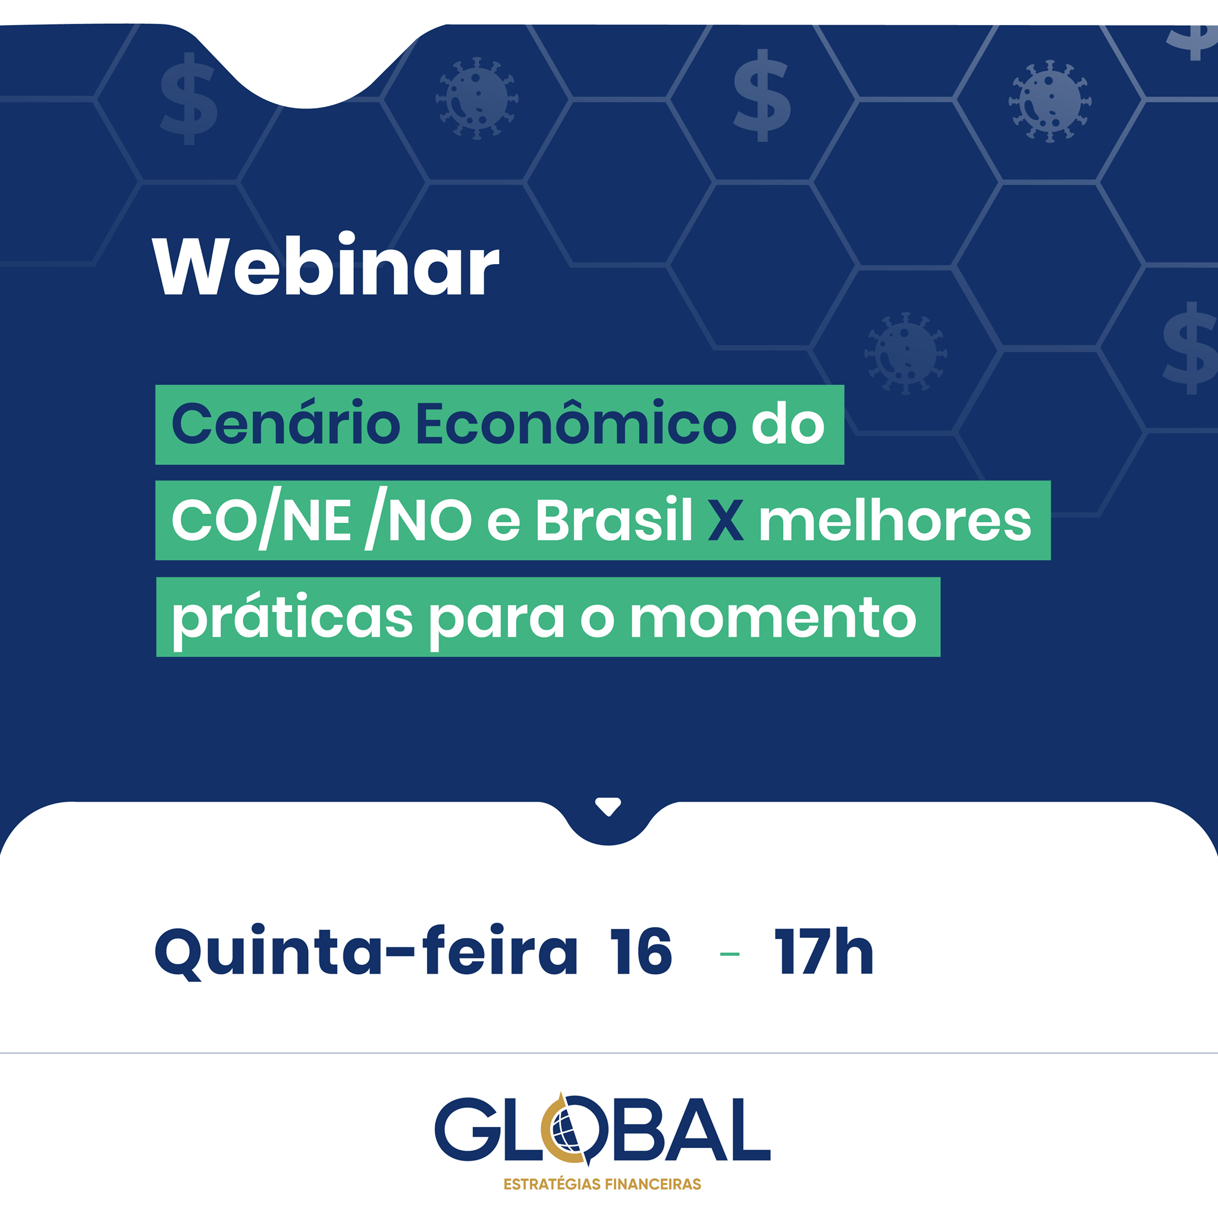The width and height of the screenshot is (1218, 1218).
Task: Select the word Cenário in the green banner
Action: point(285,423)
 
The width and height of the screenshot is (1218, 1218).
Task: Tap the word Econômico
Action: point(576,423)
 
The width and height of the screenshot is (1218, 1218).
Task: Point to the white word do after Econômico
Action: point(788,423)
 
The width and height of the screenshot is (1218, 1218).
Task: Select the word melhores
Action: point(895,520)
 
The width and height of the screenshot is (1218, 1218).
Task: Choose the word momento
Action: point(773,619)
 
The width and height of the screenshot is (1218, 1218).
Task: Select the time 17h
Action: point(824,952)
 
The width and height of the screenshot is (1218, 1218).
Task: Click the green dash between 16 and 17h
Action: point(729,954)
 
